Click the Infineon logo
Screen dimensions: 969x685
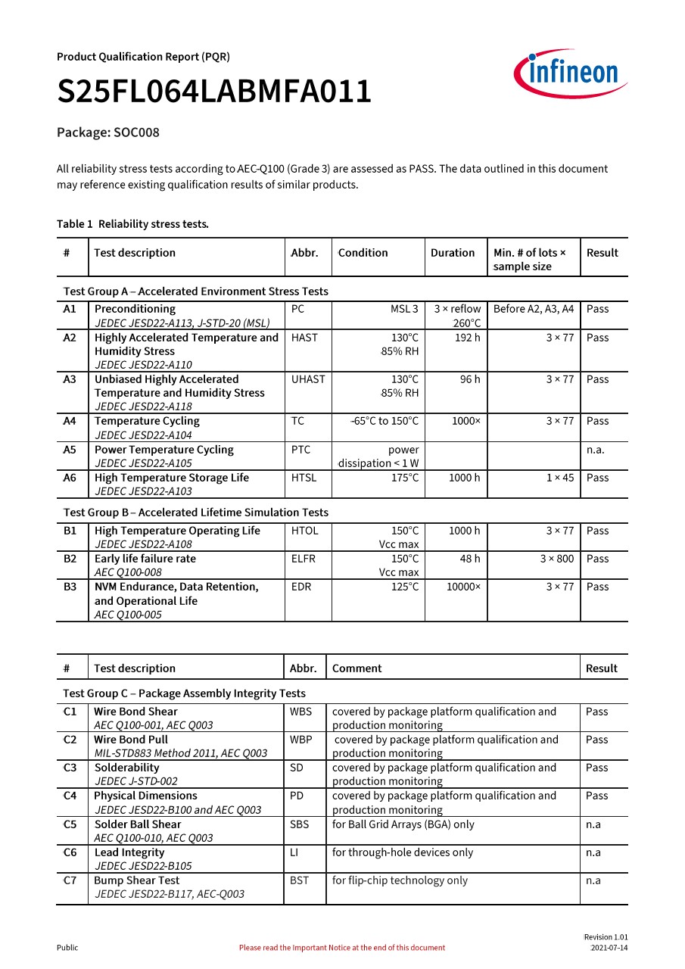tap(570, 74)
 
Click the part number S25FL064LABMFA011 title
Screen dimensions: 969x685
tap(214, 92)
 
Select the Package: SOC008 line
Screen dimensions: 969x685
tap(108, 132)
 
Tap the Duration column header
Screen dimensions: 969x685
tap(453, 253)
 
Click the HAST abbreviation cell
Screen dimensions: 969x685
tap(304, 338)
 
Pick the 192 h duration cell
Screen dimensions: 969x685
tap(467, 338)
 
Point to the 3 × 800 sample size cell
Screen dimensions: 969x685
tap(556, 559)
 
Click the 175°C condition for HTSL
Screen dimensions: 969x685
tap(404, 478)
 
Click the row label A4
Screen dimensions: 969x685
tap(70, 421)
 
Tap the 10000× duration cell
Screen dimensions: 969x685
tap(463, 587)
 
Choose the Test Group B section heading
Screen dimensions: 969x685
tap(196, 513)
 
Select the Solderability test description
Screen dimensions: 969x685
tap(126, 768)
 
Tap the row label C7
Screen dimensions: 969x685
tap(70, 880)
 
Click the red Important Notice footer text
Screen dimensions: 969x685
tap(342, 948)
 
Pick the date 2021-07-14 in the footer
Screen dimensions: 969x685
tap(609, 948)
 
